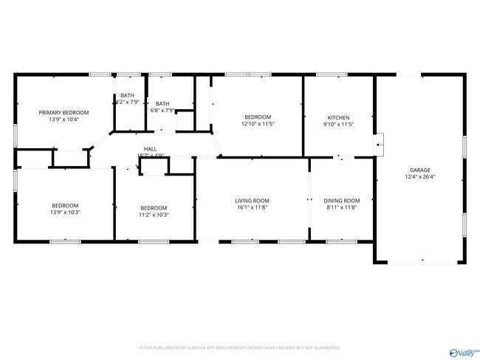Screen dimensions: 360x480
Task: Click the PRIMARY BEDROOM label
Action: (64, 112)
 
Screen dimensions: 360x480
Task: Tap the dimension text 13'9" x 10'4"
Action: (64, 120)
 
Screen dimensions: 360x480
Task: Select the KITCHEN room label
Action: (339, 117)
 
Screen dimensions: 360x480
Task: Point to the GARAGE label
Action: (420, 170)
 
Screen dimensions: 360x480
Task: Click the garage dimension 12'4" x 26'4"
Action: (420, 177)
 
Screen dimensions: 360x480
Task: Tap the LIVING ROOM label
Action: (252, 201)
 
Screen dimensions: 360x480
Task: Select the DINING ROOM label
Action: (342, 201)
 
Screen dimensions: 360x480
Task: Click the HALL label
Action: (150, 149)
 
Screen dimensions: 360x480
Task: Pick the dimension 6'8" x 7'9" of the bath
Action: (162, 111)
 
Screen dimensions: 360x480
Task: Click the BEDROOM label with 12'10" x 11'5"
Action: (258, 117)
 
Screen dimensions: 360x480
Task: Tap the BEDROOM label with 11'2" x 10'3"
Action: (154, 207)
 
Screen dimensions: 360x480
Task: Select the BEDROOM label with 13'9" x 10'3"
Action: (65, 205)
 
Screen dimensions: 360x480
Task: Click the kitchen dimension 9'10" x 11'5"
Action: (339, 125)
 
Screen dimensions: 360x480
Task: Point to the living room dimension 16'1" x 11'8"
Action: (252, 208)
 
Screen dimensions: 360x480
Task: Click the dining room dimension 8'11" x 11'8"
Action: (342, 208)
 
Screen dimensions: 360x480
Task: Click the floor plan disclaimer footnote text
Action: (239, 347)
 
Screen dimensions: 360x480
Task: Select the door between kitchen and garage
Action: (379, 145)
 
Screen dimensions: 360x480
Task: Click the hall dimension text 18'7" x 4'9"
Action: (150, 156)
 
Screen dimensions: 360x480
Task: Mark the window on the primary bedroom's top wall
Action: (100, 75)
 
